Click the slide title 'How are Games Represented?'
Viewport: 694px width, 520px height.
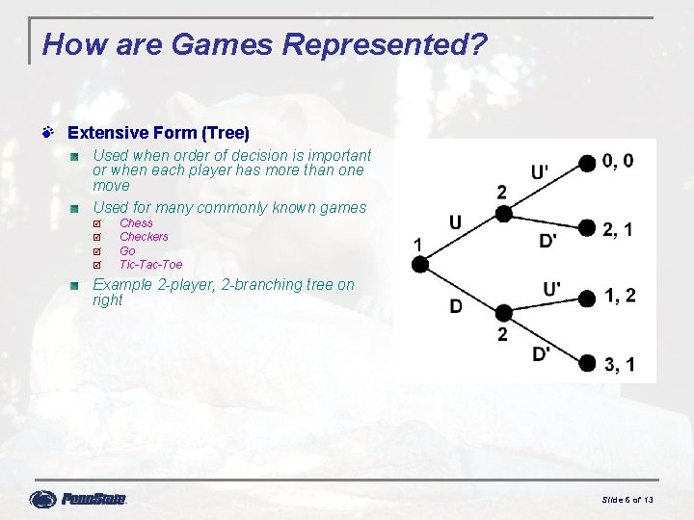[265, 44]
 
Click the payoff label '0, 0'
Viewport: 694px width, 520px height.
[618, 161]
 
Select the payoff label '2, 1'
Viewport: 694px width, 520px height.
[618, 228]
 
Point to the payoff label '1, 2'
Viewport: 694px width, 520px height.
[620, 296]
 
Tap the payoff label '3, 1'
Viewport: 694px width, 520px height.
[619, 363]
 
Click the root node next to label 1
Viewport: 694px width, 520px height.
[419, 264]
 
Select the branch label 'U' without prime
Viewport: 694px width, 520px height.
[455, 223]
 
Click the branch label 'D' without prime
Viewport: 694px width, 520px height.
[455, 307]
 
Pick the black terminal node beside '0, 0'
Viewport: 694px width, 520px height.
[587, 164]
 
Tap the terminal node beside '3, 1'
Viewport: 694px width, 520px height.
[587, 363]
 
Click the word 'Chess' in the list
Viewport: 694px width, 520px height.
[136, 223]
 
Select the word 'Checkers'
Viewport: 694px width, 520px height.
[144, 237]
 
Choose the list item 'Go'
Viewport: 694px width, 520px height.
[127, 251]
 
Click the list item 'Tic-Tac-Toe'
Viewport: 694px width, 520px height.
[150, 265]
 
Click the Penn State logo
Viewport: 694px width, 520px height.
[79, 499]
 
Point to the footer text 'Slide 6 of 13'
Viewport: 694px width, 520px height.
[627, 500]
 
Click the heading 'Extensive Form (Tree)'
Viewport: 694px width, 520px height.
[158, 133]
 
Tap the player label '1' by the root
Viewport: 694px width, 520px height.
[417, 244]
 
